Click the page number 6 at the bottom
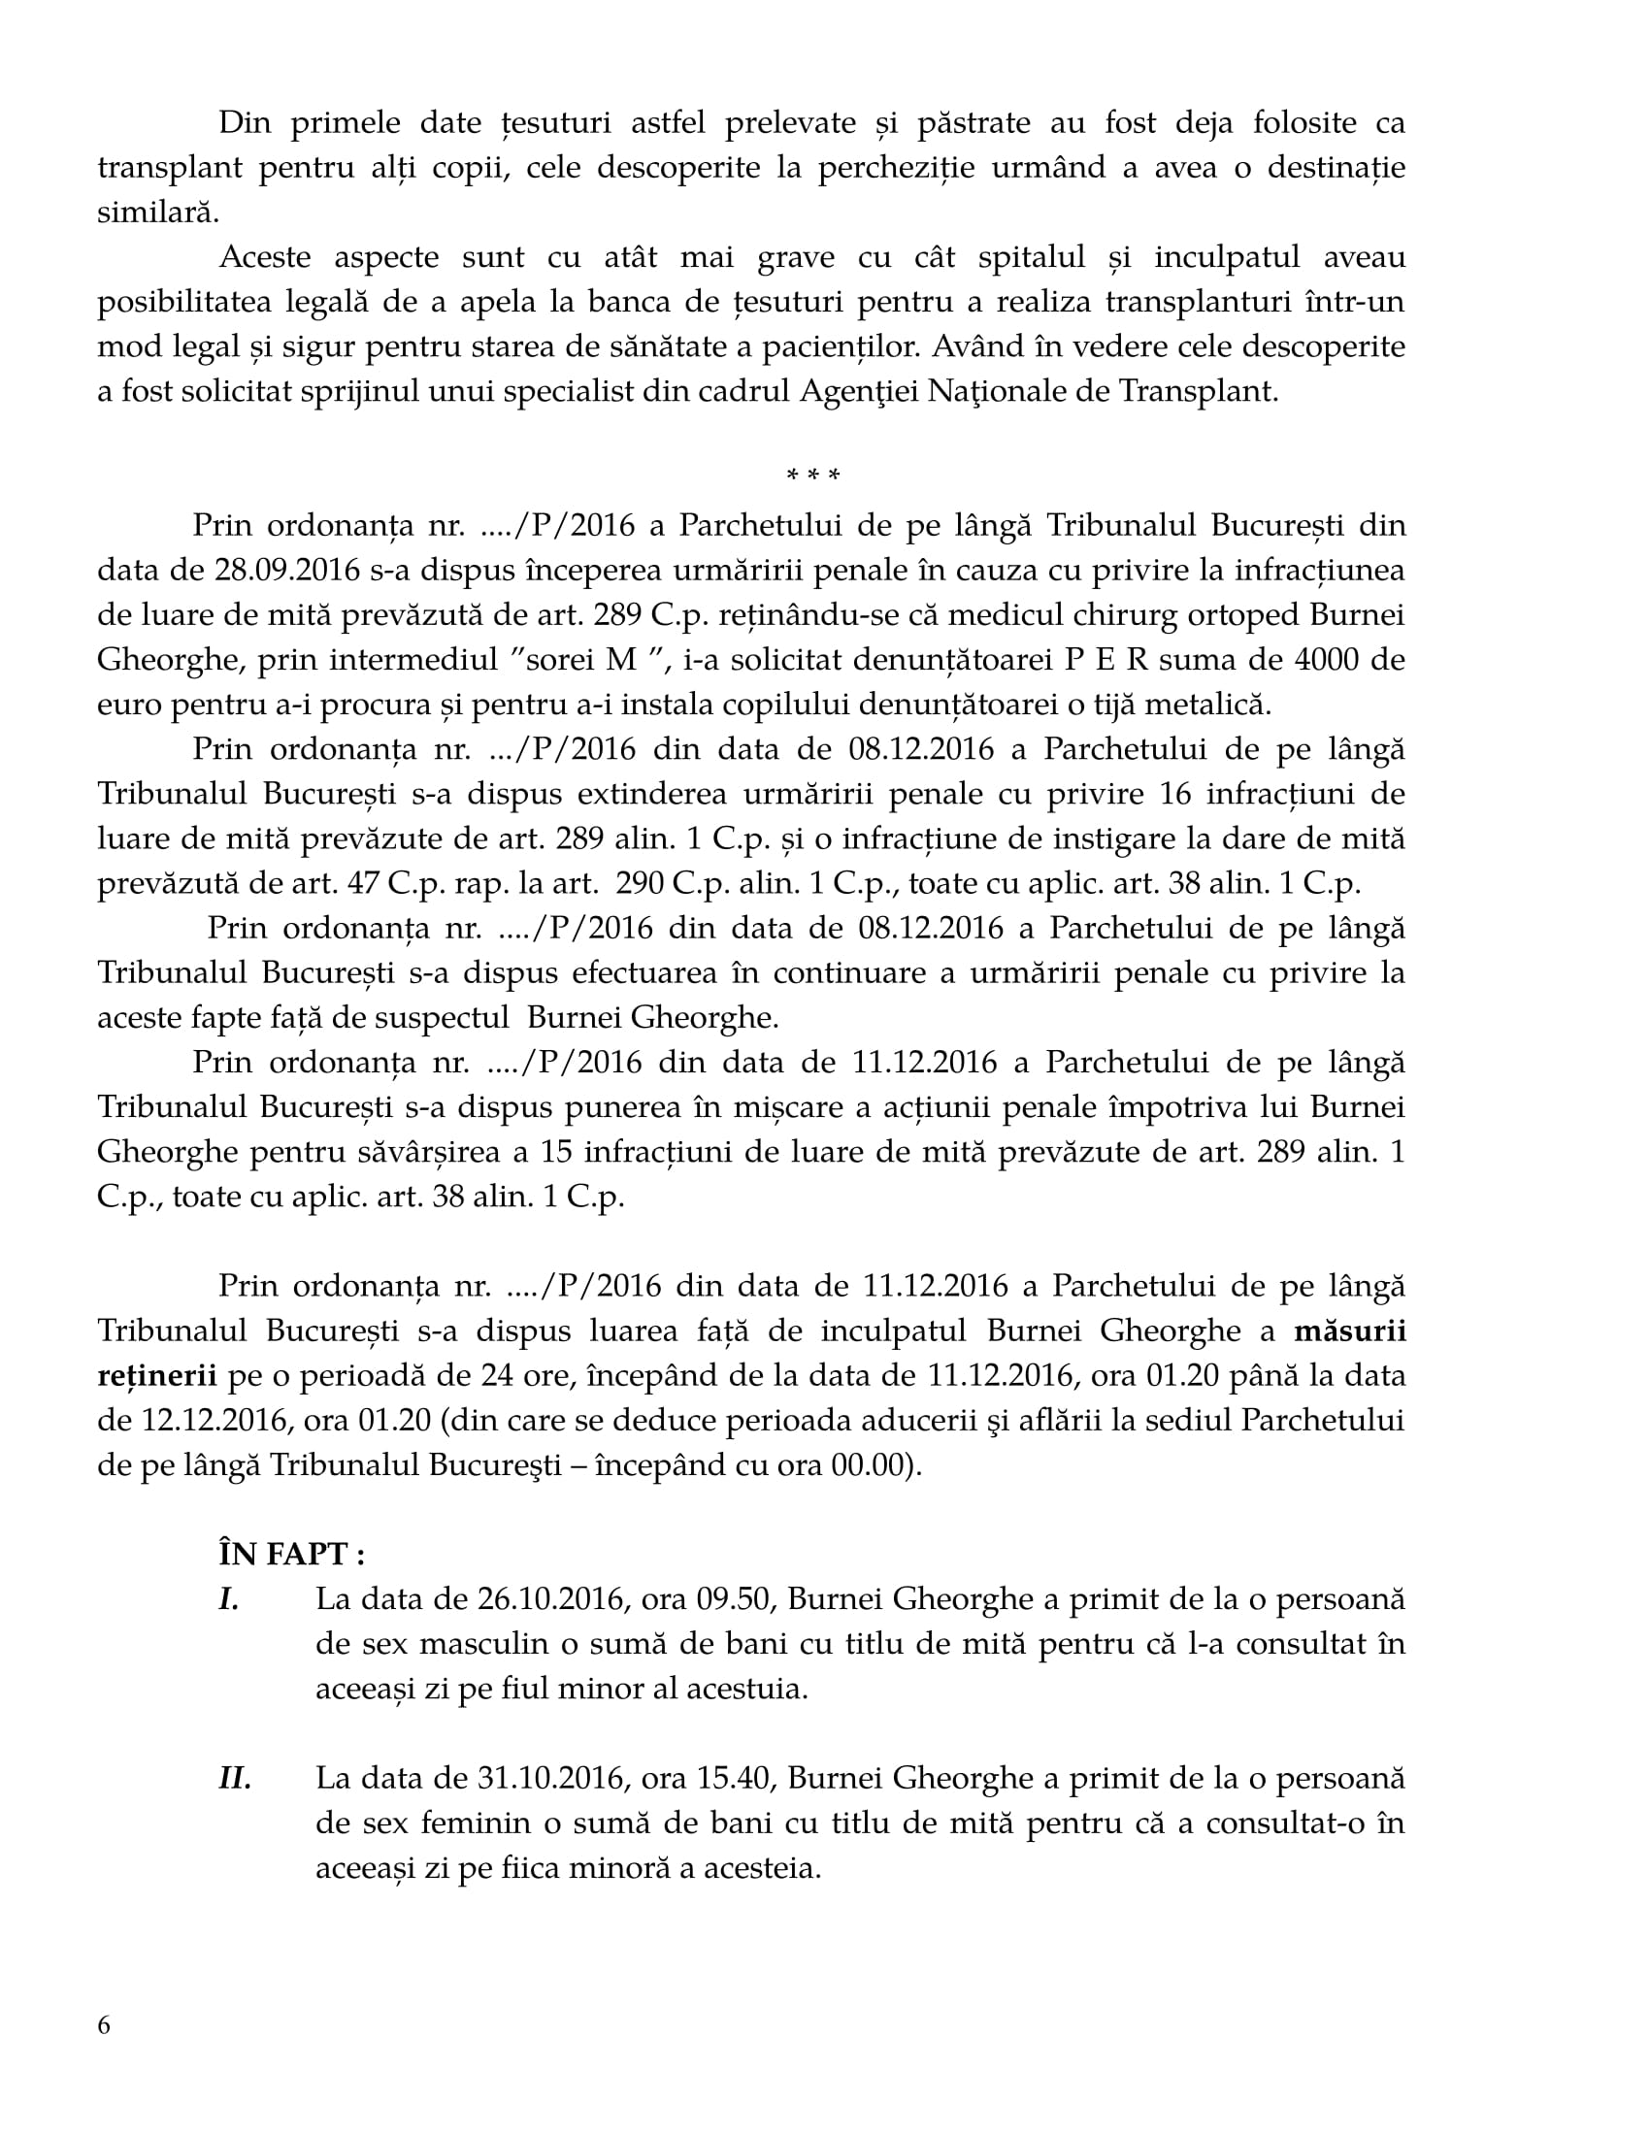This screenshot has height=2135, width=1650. coord(104,2024)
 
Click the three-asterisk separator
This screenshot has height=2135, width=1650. coord(812,477)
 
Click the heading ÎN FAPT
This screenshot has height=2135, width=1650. coord(291,1554)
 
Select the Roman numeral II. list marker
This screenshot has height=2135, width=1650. coord(235,1777)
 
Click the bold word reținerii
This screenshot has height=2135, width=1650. coord(156,1375)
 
